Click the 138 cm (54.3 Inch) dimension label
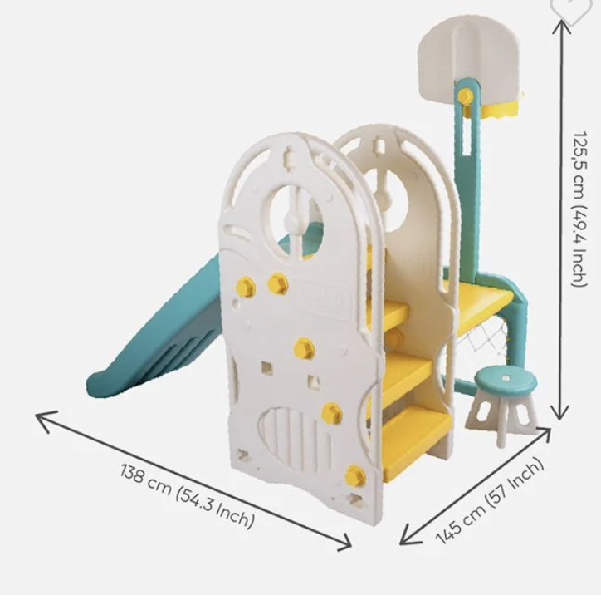tap(187, 496)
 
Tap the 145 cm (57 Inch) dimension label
tap(490, 501)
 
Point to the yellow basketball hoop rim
tap(495, 109)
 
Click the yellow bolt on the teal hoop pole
tap(465, 96)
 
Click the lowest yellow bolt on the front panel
tap(355, 475)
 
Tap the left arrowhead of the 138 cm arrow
tap(46, 420)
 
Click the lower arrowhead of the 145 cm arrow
tap(409, 535)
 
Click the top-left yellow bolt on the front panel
tap(246, 287)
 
